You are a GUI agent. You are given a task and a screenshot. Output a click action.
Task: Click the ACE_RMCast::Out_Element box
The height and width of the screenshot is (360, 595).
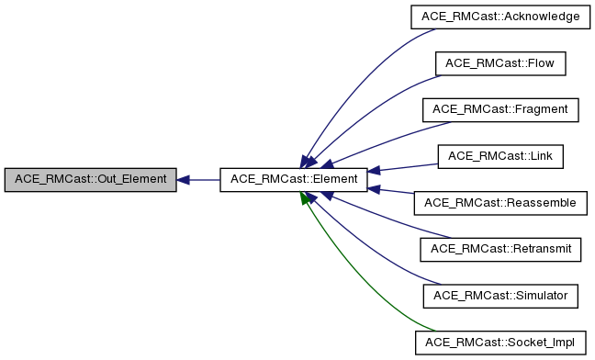(x=90, y=179)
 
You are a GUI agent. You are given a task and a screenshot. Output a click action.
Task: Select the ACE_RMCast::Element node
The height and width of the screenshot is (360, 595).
(x=294, y=179)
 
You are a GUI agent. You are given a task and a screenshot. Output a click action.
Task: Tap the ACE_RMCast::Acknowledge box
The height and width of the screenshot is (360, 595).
(x=500, y=17)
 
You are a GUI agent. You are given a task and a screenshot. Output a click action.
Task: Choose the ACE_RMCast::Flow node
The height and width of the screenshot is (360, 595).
(x=500, y=63)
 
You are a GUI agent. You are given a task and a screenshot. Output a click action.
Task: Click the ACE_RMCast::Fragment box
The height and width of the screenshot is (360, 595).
(x=500, y=109)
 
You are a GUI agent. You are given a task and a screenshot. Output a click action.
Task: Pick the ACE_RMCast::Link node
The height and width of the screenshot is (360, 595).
(x=500, y=155)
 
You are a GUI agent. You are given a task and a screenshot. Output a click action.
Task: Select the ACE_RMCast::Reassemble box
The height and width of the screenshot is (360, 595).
(x=500, y=202)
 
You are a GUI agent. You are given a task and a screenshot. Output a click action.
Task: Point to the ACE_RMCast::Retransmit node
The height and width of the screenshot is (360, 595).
(x=500, y=248)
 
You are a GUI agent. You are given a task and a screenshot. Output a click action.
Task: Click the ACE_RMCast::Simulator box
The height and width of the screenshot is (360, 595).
(x=500, y=295)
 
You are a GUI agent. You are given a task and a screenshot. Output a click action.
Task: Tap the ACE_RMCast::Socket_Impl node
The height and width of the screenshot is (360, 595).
(x=500, y=342)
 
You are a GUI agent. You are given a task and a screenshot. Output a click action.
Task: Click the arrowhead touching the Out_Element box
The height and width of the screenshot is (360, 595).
(x=184, y=179)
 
